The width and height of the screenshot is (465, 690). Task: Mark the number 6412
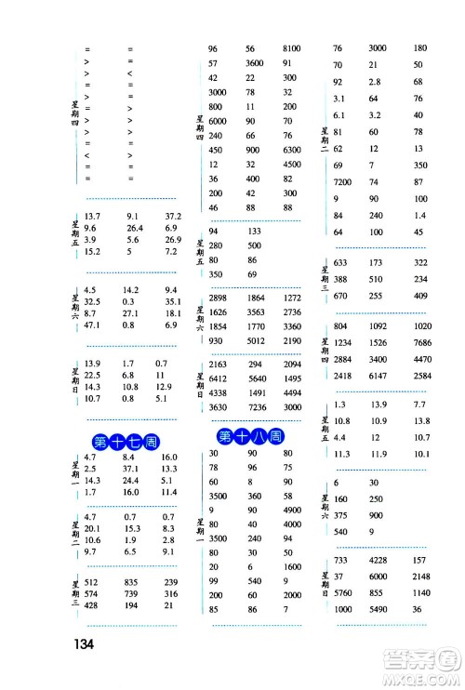pyautogui.click(x=219, y=378)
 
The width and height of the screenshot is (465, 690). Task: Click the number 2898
pyautogui.click(x=219, y=297)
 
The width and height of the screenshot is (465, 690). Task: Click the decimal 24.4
pyautogui.click(x=130, y=480)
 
